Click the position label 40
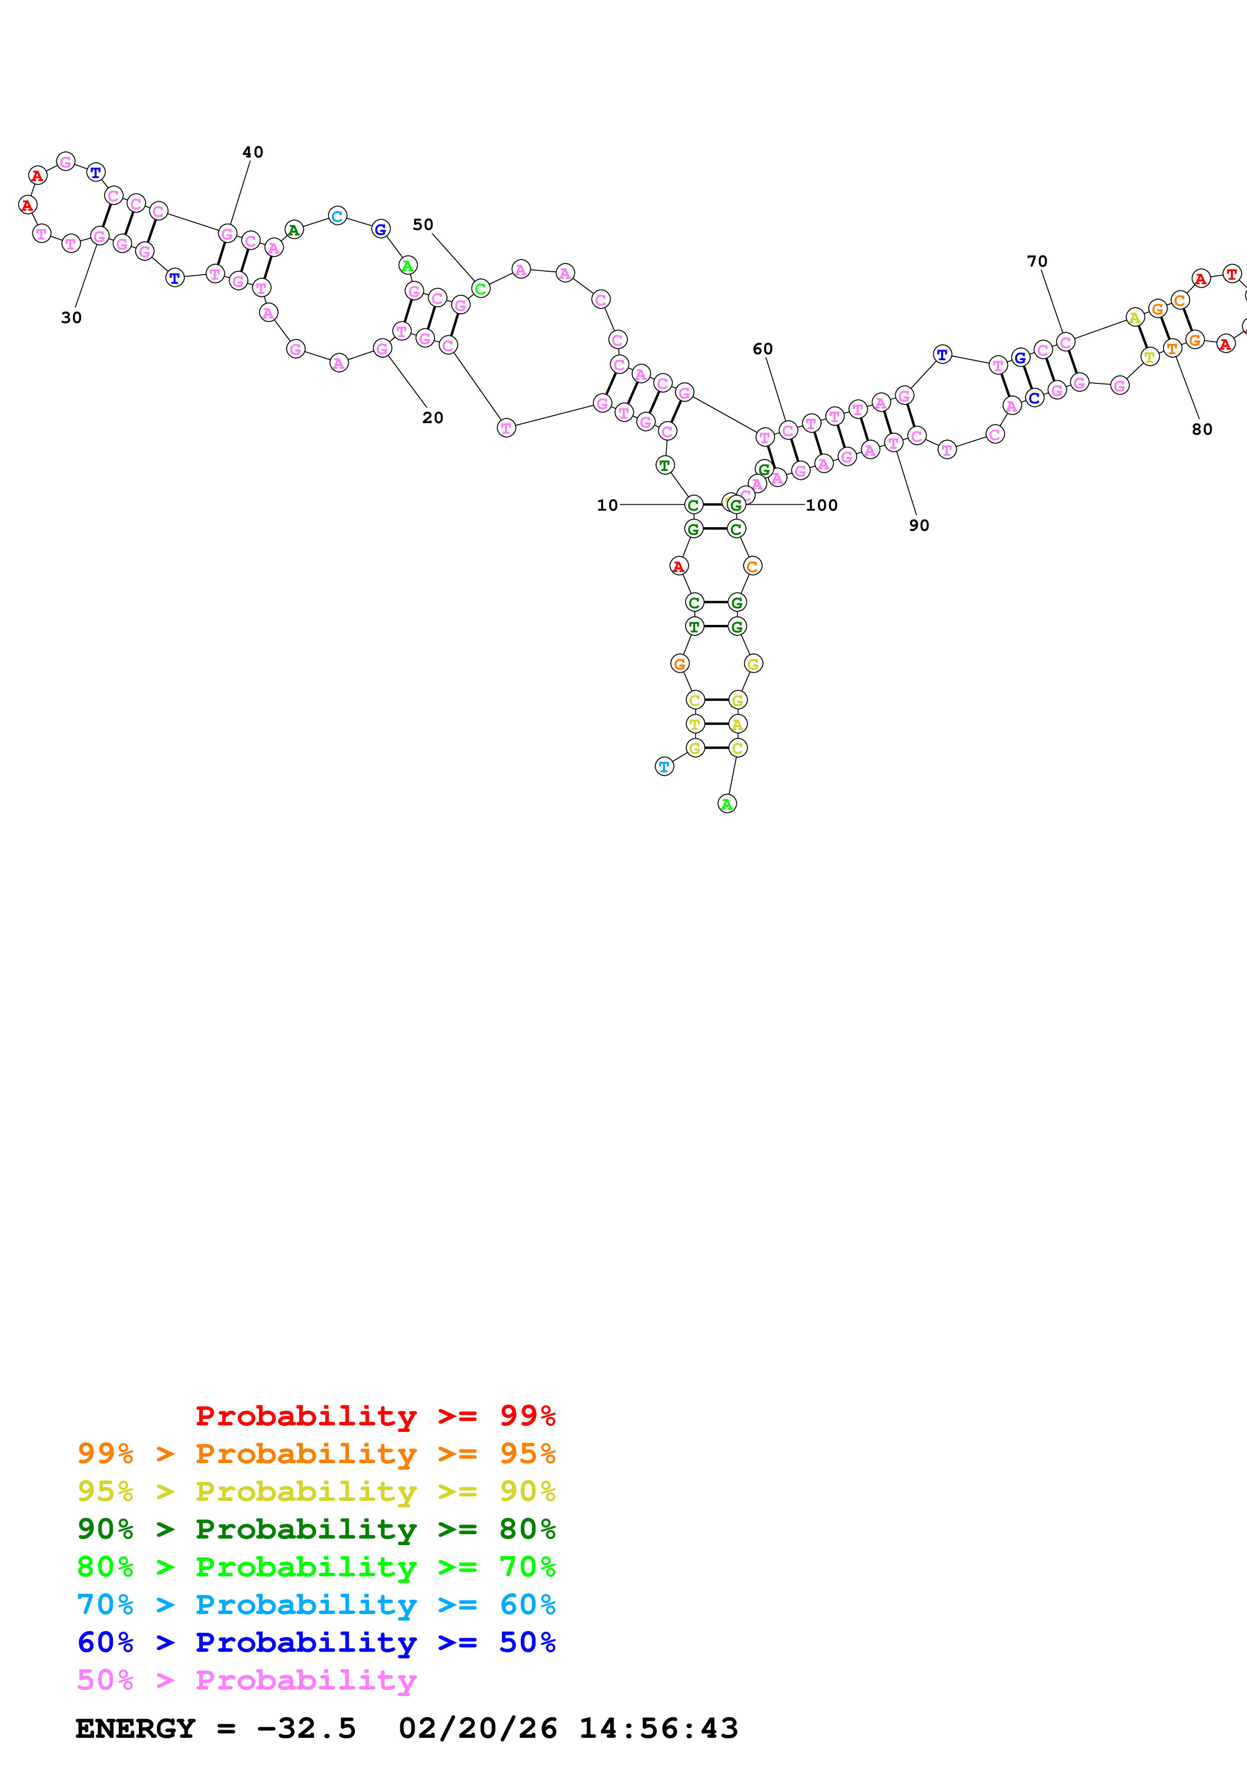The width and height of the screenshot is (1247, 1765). pyautogui.click(x=253, y=152)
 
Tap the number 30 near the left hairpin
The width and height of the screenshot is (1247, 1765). pyautogui.click(x=71, y=317)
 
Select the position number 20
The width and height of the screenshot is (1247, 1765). pyautogui.click(x=433, y=418)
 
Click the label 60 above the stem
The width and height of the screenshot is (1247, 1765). pyautogui.click(x=762, y=349)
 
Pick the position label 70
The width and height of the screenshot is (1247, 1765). pyautogui.click(x=1037, y=261)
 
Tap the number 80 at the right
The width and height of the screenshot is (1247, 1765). pyautogui.click(x=1202, y=430)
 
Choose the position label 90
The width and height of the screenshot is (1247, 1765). pyautogui.click(x=919, y=525)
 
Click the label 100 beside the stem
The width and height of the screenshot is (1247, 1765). pyautogui.click(x=821, y=505)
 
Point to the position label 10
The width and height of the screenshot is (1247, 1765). pyautogui.click(x=607, y=505)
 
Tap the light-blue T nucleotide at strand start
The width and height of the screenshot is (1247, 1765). pyautogui.click(x=664, y=766)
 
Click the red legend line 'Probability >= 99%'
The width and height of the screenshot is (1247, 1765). pyautogui.click(x=375, y=1415)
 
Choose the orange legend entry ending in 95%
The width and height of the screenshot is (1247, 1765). pyautogui.click(x=316, y=1453)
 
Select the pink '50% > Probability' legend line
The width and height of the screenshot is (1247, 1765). pyautogui.click(x=246, y=1679)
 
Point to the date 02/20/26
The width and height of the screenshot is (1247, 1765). pyautogui.click(x=477, y=1728)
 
